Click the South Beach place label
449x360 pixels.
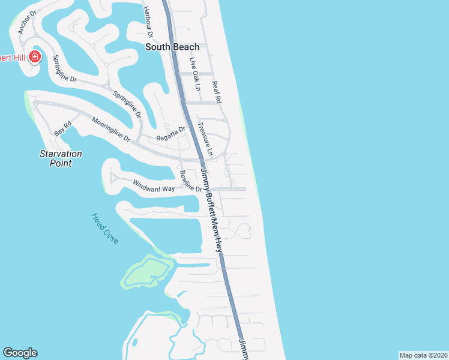coord(173,47)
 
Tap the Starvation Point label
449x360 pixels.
coord(61,158)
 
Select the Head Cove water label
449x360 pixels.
coord(105,229)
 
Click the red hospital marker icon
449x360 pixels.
coord(35,57)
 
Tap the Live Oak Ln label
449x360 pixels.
coord(194,74)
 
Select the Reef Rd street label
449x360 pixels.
coord(217,93)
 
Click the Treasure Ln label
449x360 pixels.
coord(206,140)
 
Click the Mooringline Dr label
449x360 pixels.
coord(111,129)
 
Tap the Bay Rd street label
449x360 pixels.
coord(63,128)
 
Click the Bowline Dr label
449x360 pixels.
coord(191,181)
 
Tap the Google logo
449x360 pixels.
coord(20,353)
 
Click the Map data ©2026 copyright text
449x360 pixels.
coord(423,355)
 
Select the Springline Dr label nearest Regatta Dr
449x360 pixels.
coord(127,103)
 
